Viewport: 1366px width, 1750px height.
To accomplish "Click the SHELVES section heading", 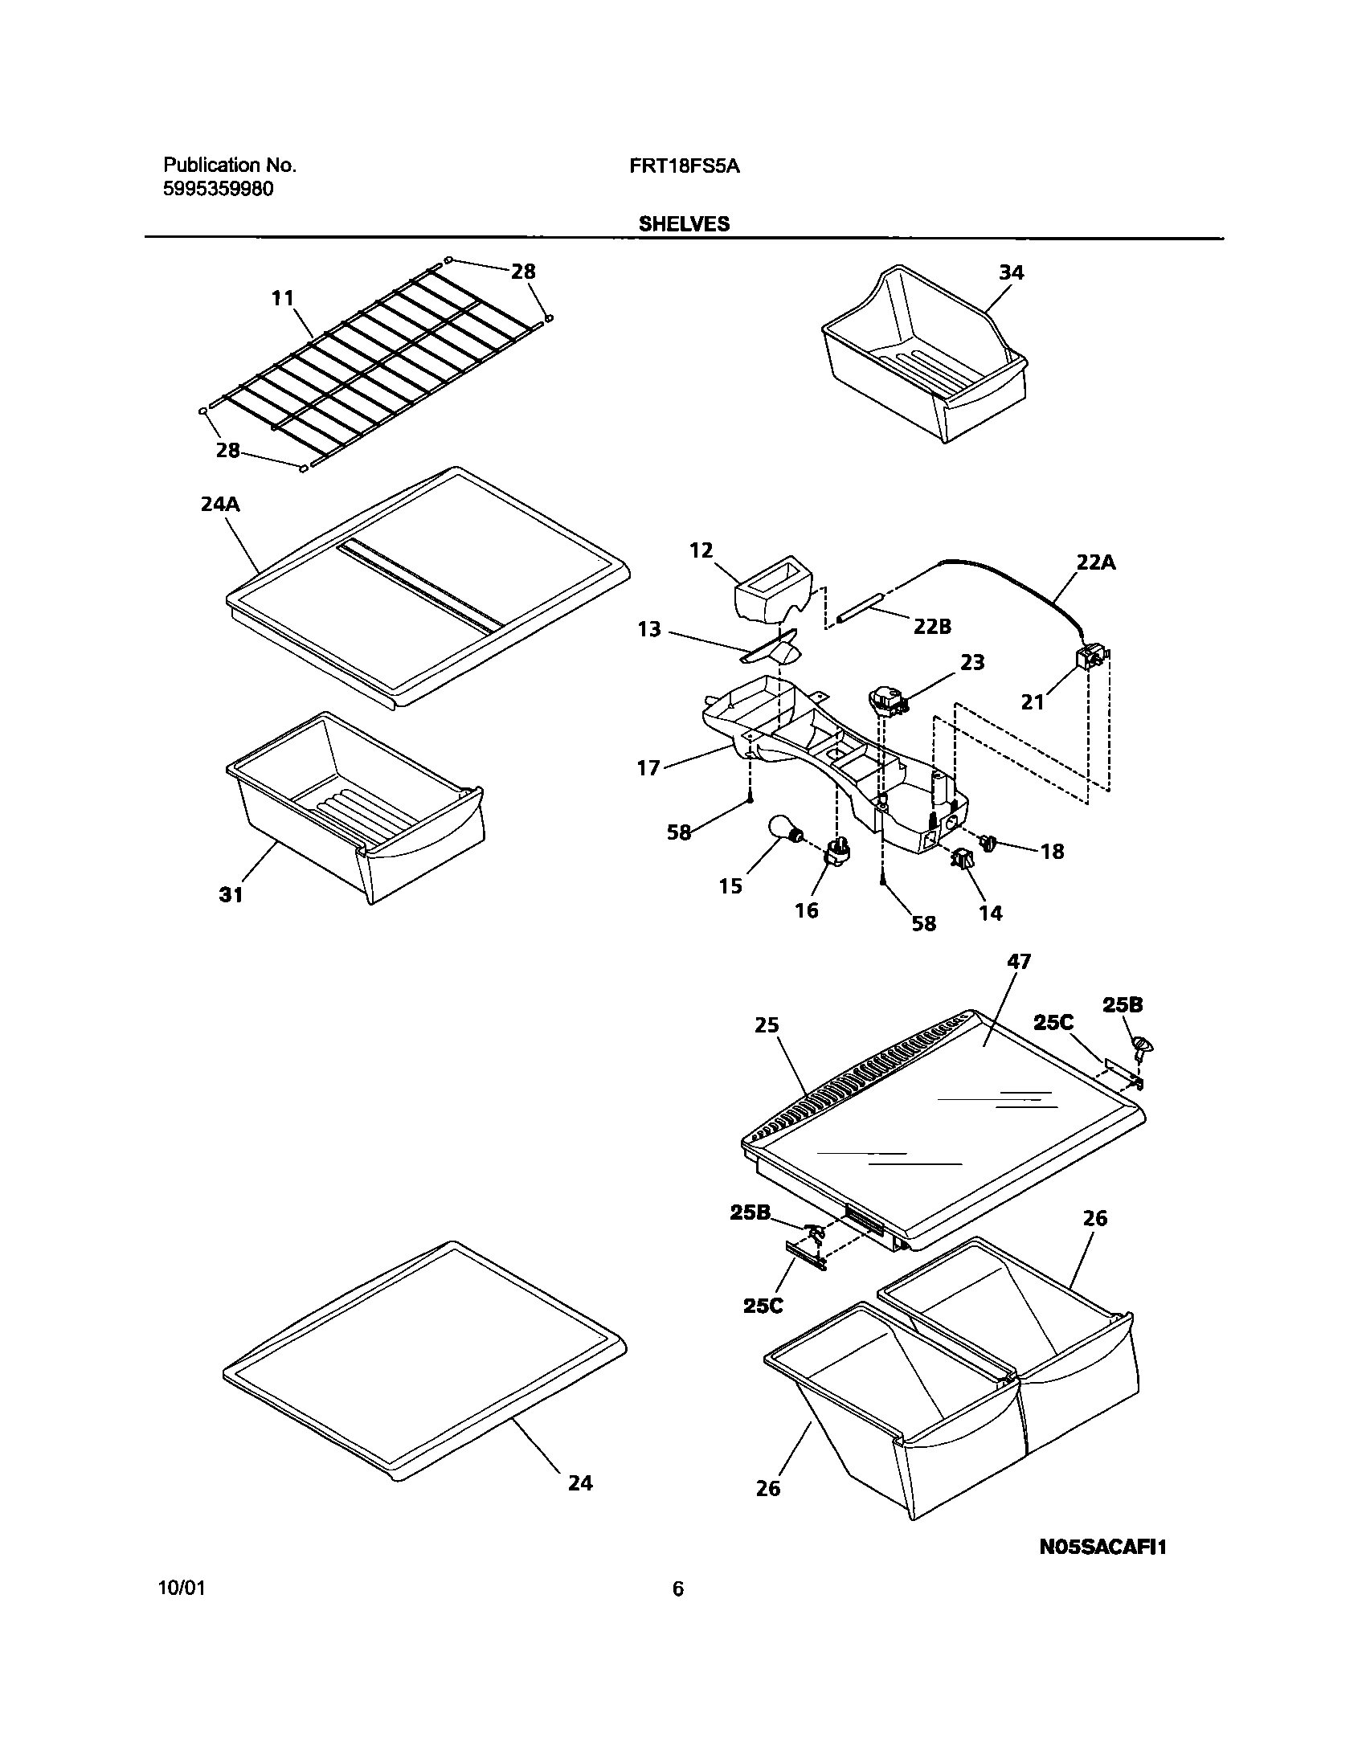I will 684,224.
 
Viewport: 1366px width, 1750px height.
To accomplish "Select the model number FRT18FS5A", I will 685,166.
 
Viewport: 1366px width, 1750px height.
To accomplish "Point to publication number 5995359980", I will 218,190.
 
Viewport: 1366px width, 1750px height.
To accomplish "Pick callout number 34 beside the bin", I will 1011,272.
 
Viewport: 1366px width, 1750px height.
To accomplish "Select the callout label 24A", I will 220,505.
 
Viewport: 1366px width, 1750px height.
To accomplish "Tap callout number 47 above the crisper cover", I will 1018,961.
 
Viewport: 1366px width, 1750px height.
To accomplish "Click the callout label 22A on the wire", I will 1096,562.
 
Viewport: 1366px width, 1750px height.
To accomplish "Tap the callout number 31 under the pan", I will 231,894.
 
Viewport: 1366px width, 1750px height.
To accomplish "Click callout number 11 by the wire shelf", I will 282,298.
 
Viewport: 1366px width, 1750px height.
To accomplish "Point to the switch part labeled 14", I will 964,861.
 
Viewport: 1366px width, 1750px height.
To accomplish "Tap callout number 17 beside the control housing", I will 648,768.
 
